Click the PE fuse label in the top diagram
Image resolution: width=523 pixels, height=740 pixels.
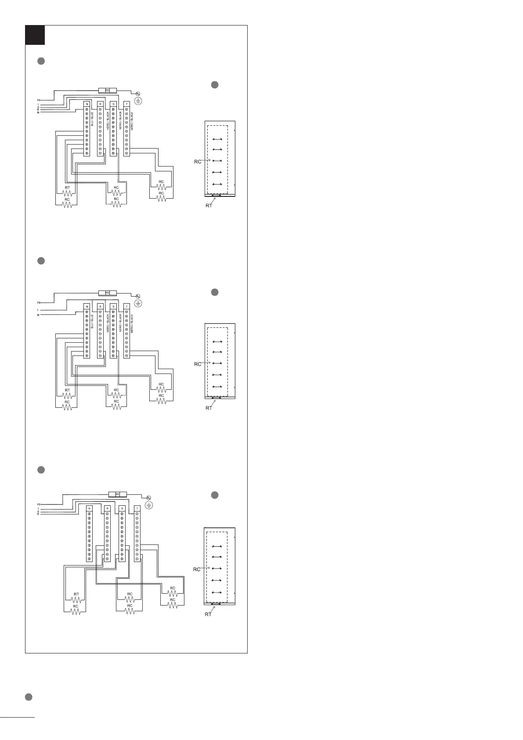click(x=107, y=90)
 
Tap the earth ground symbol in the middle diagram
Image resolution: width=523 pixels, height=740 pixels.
click(x=137, y=303)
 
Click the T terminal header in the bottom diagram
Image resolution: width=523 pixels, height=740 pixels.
click(x=137, y=508)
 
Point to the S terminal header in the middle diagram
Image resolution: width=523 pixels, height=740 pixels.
click(x=113, y=306)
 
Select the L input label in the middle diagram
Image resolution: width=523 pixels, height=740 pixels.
click(x=38, y=310)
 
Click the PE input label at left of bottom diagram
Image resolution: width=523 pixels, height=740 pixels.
click(x=39, y=504)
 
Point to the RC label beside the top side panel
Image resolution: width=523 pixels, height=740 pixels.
click(x=198, y=162)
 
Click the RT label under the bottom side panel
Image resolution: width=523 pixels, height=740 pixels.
click(x=208, y=614)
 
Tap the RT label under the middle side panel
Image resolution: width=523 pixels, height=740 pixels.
click(x=209, y=408)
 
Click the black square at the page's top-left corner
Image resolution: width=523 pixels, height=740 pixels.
click(x=35, y=35)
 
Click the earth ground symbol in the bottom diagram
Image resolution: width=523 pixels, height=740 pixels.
click(x=148, y=506)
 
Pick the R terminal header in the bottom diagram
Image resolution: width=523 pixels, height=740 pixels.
click(x=107, y=508)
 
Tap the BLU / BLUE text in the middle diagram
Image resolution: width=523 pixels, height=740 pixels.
click(x=92, y=322)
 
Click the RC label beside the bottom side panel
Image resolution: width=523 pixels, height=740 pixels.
click(x=196, y=569)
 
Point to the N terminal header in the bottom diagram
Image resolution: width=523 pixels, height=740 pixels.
click(x=89, y=508)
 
